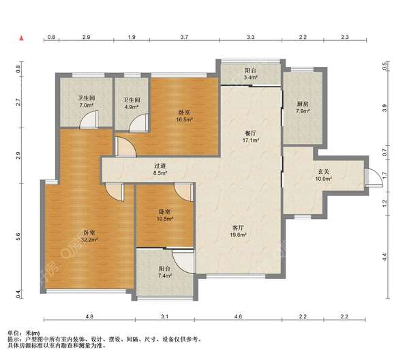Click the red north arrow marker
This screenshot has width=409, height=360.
point(22,38)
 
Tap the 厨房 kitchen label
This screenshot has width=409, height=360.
point(303,104)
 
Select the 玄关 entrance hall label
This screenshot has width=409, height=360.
point(323,172)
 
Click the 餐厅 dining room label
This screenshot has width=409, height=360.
point(250,134)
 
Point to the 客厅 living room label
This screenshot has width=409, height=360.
point(238,228)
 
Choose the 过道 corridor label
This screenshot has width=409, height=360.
point(160,166)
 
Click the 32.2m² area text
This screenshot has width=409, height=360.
point(89,239)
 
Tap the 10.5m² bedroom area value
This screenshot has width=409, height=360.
point(165,219)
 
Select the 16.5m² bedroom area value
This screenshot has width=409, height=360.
point(184,119)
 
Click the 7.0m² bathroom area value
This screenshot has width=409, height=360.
point(86,105)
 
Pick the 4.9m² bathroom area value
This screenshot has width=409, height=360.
point(132,106)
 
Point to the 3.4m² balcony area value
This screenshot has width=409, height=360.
point(251,77)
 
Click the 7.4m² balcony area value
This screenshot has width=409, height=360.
point(165,275)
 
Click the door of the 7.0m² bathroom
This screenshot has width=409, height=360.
point(89,119)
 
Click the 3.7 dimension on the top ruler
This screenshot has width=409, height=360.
point(184,37)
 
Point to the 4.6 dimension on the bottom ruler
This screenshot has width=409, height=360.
point(238,316)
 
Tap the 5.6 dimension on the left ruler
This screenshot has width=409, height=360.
point(18,237)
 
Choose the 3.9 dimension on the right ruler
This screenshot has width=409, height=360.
point(384,108)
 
